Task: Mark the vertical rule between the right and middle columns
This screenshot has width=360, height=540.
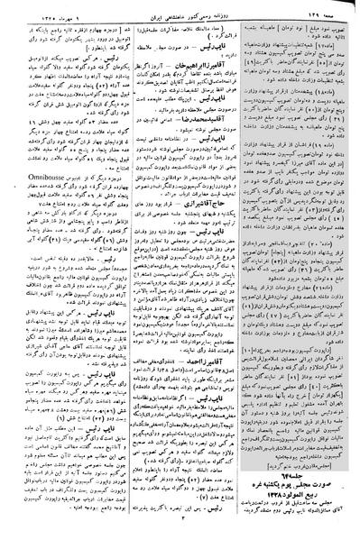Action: [x=242, y=270]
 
